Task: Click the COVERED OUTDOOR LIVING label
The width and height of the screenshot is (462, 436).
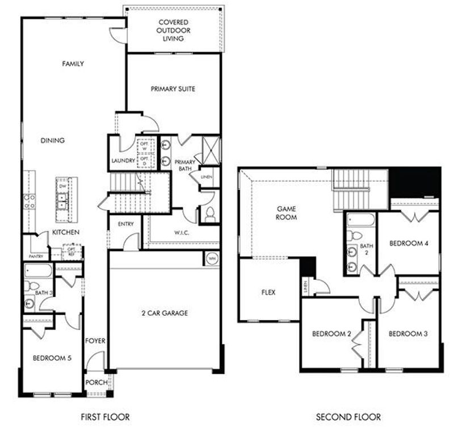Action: (173, 30)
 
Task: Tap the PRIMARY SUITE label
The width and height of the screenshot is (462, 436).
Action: (173, 89)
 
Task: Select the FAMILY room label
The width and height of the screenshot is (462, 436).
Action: (73, 64)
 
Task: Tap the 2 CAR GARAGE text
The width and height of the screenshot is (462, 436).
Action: (165, 313)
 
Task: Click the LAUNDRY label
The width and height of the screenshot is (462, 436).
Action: (123, 161)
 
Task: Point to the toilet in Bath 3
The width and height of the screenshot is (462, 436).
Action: (32, 286)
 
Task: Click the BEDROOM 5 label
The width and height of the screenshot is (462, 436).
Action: (52, 358)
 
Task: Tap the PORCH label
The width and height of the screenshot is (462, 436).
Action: (96, 383)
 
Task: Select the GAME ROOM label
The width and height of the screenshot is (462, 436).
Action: (287, 213)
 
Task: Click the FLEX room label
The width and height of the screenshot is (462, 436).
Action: (268, 293)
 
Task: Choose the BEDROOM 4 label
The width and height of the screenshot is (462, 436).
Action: (408, 244)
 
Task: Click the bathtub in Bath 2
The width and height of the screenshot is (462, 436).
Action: (360, 220)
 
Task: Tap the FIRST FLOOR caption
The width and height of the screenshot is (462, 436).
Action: (105, 417)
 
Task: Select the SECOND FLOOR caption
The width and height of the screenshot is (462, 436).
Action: (348, 417)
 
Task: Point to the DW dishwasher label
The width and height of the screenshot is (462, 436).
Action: (61, 186)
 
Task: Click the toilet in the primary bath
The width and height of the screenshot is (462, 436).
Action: (210, 215)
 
